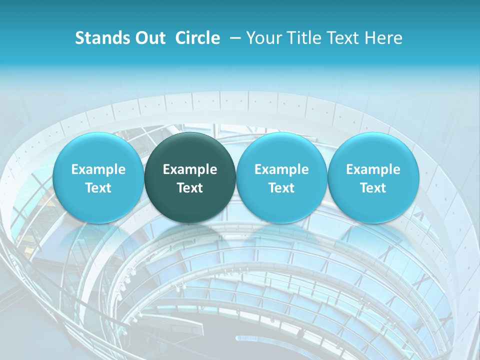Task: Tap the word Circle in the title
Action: click(x=197, y=38)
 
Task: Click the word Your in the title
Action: click(x=263, y=38)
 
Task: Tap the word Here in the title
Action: click(x=383, y=38)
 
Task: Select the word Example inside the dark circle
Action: click(x=190, y=169)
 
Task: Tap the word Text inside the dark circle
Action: click(x=190, y=188)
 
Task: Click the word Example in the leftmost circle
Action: click(x=98, y=169)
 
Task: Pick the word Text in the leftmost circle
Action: click(x=98, y=188)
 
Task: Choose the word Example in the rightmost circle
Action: click(x=373, y=169)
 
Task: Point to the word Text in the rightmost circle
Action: click(x=373, y=188)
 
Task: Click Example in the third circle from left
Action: click(x=281, y=169)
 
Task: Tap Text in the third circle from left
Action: click(x=281, y=188)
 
